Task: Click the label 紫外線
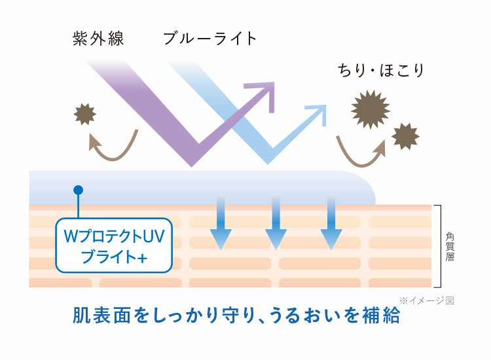point(98,39)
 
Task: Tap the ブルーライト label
point(210,39)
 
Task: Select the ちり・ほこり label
point(380,70)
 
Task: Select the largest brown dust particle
point(371,108)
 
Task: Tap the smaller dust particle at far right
point(405,135)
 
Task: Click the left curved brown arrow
point(111,146)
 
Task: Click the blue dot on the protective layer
point(79,190)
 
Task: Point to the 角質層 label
point(450,246)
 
